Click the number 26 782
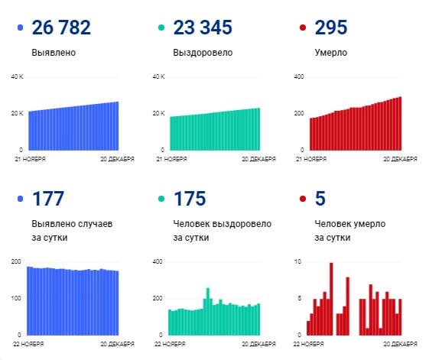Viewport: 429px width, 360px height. click(x=61, y=28)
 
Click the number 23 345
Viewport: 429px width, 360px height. click(x=204, y=28)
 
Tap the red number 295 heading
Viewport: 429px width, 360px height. click(x=330, y=28)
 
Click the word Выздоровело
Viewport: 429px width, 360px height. click(x=203, y=54)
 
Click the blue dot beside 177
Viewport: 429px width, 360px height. click(x=21, y=200)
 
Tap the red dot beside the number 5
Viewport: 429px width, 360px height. click(x=304, y=200)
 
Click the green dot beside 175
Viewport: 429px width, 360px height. click(x=162, y=200)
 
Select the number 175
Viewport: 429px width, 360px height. click(x=190, y=199)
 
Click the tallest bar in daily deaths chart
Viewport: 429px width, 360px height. click(x=331, y=299)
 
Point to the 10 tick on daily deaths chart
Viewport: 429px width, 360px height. click(x=298, y=261)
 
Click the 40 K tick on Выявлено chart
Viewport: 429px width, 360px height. click(x=17, y=77)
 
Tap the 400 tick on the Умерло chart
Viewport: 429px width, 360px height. click(x=299, y=77)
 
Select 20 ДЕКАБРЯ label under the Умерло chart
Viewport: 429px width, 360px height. click(x=400, y=159)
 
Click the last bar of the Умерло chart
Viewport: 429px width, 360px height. click(x=400, y=123)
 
